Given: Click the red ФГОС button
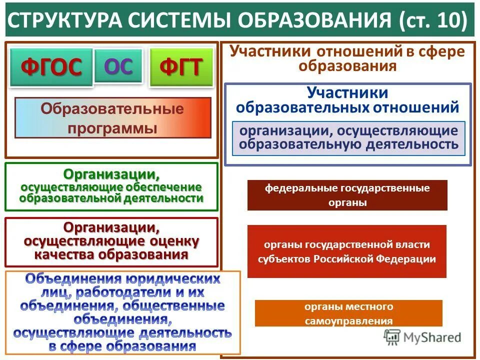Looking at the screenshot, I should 51,67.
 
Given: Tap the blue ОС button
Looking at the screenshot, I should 118,66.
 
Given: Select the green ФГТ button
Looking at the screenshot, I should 181,67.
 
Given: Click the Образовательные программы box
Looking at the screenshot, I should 112,118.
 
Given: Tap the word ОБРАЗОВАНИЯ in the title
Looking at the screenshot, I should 314,20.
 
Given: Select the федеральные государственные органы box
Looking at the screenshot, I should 347,195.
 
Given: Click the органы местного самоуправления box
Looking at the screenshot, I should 348,313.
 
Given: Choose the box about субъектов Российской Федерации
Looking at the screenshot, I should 347,251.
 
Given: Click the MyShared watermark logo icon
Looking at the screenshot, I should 392,336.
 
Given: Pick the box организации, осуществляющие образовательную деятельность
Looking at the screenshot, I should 348,138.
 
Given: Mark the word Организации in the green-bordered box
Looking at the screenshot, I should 111,175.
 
